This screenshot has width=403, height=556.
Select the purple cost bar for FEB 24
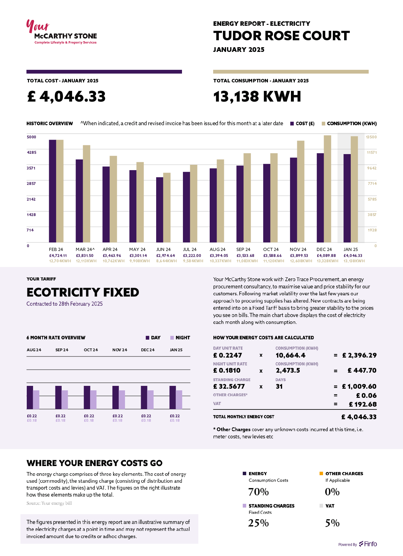(52, 191)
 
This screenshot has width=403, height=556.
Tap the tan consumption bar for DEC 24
(327, 189)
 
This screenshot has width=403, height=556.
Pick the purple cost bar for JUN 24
(160, 210)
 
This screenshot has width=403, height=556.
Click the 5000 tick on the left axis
(31, 137)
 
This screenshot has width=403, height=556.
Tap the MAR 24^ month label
(85, 249)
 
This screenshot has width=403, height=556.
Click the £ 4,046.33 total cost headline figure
(66, 96)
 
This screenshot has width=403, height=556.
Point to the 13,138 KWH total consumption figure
(257, 96)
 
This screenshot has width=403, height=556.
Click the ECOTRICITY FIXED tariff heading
(83, 292)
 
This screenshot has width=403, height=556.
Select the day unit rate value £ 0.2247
(228, 355)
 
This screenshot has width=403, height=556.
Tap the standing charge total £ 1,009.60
(359, 386)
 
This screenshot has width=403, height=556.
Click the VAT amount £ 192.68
(363, 404)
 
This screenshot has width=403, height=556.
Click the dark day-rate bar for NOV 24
(116, 397)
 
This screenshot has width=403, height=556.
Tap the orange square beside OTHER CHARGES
(321, 474)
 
